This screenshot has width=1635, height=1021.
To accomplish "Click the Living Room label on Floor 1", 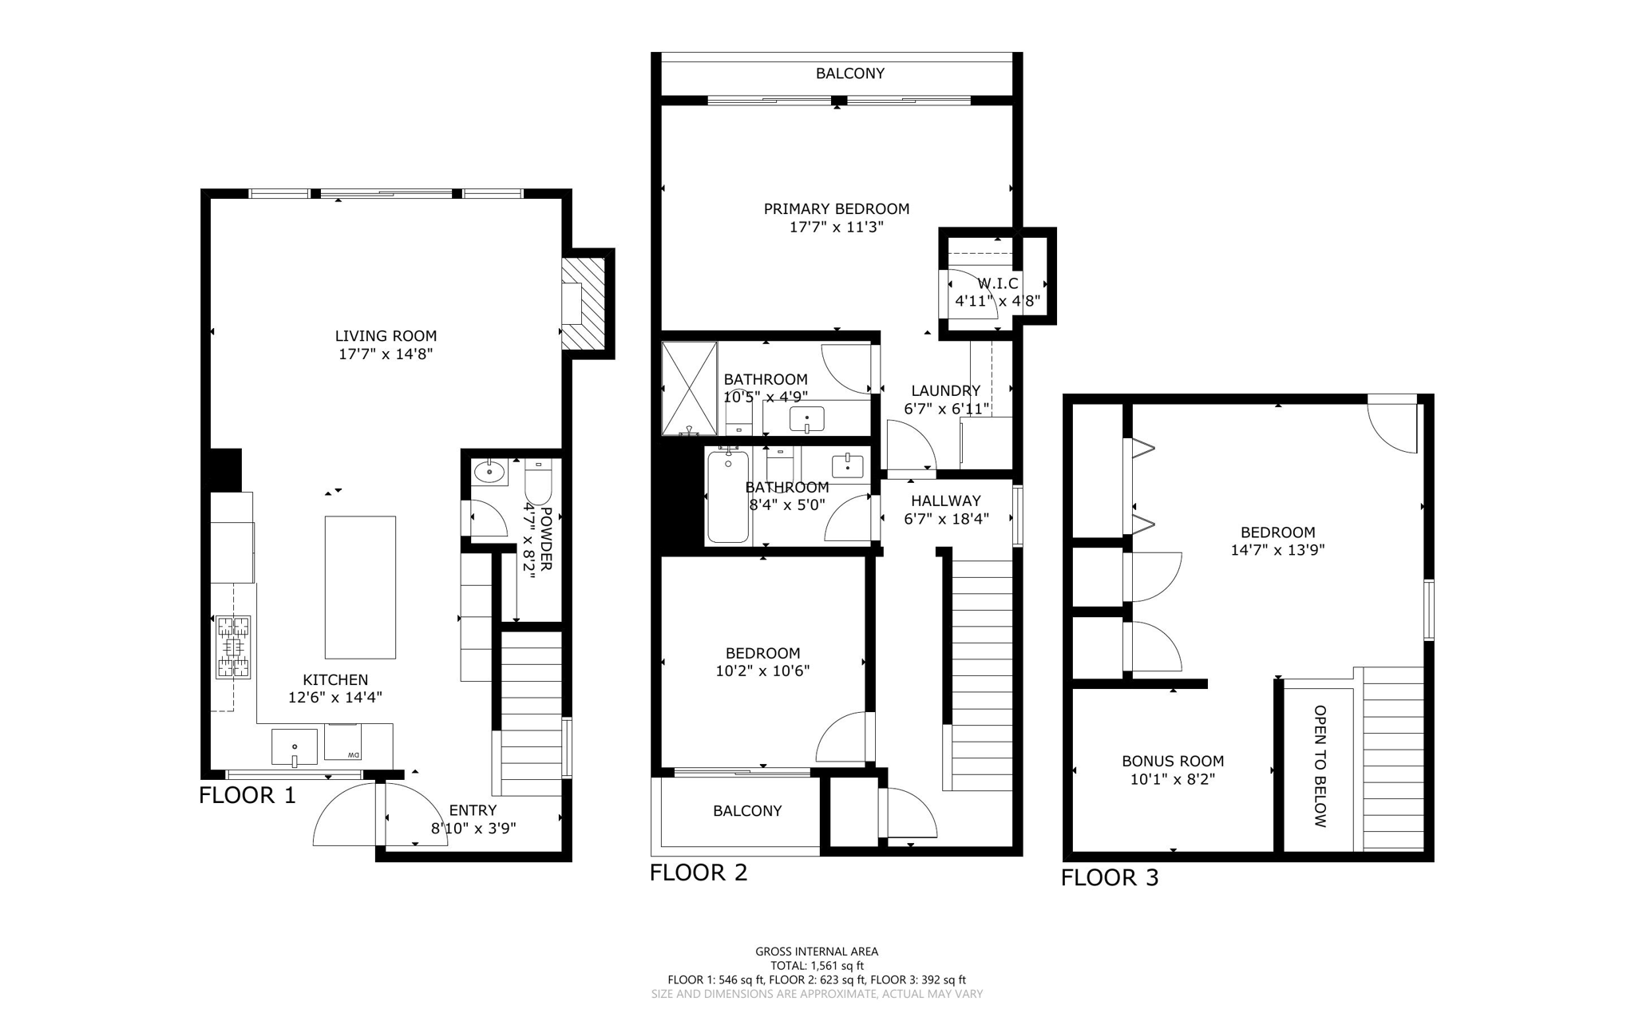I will point(386,336).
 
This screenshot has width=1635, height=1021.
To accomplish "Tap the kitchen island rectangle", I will point(360,587).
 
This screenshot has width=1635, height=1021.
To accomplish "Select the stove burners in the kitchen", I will point(233,647).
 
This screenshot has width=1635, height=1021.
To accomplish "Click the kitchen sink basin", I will point(295,746).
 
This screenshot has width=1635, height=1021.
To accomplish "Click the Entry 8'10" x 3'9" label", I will point(473,819).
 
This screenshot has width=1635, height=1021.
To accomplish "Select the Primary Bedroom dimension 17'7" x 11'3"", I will point(836,227).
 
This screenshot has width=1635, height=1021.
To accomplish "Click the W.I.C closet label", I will point(998,283).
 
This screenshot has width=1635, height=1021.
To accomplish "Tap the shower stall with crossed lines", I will point(690,388).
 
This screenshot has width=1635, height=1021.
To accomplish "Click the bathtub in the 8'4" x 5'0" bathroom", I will point(727,497).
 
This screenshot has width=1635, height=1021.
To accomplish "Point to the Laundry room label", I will point(946,390).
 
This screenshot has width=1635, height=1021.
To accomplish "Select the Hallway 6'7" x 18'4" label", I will point(946,509).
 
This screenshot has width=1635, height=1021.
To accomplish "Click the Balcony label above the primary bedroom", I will point(849,73).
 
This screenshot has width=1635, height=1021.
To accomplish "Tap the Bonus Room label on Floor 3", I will point(1172,762).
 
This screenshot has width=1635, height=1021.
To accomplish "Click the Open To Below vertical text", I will point(1320,766).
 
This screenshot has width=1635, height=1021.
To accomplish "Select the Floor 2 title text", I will point(699,873).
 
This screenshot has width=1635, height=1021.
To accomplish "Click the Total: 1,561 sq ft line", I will point(817,965).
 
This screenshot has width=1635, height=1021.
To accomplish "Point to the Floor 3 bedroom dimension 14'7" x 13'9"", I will point(1277,550).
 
